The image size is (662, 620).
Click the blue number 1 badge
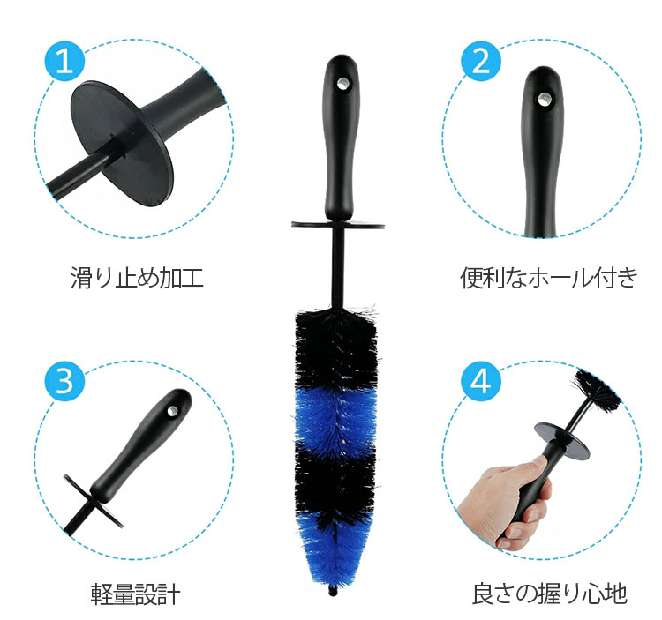pyautogui.click(x=64, y=61)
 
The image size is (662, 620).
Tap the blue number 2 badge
pyautogui.click(x=481, y=61)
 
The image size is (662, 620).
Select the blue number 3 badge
pyautogui.click(x=64, y=381)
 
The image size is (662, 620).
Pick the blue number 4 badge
pyautogui.click(x=481, y=381)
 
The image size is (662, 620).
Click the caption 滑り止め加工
pyautogui.click(x=137, y=278)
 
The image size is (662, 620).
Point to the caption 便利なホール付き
pyautogui.click(x=548, y=278)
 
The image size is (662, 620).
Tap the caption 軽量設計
pyautogui.click(x=136, y=594)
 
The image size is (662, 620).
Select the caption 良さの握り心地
pyautogui.click(x=549, y=594)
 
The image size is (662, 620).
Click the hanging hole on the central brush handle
pyautogui.click(x=341, y=84)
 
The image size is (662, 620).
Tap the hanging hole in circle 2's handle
pyautogui.click(x=544, y=100)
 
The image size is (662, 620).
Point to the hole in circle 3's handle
pyautogui.click(x=172, y=411)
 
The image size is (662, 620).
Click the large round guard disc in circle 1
pyautogui.click(x=122, y=143)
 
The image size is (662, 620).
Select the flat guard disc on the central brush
pyautogui.click(x=338, y=224)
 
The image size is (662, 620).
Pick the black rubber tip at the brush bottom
pyautogui.click(x=333, y=590)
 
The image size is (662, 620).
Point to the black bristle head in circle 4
pyautogui.click(x=596, y=390)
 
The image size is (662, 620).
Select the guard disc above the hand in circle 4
pyautogui.click(x=561, y=441)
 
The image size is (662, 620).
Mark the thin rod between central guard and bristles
pyautogui.click(x=338, y=268)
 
